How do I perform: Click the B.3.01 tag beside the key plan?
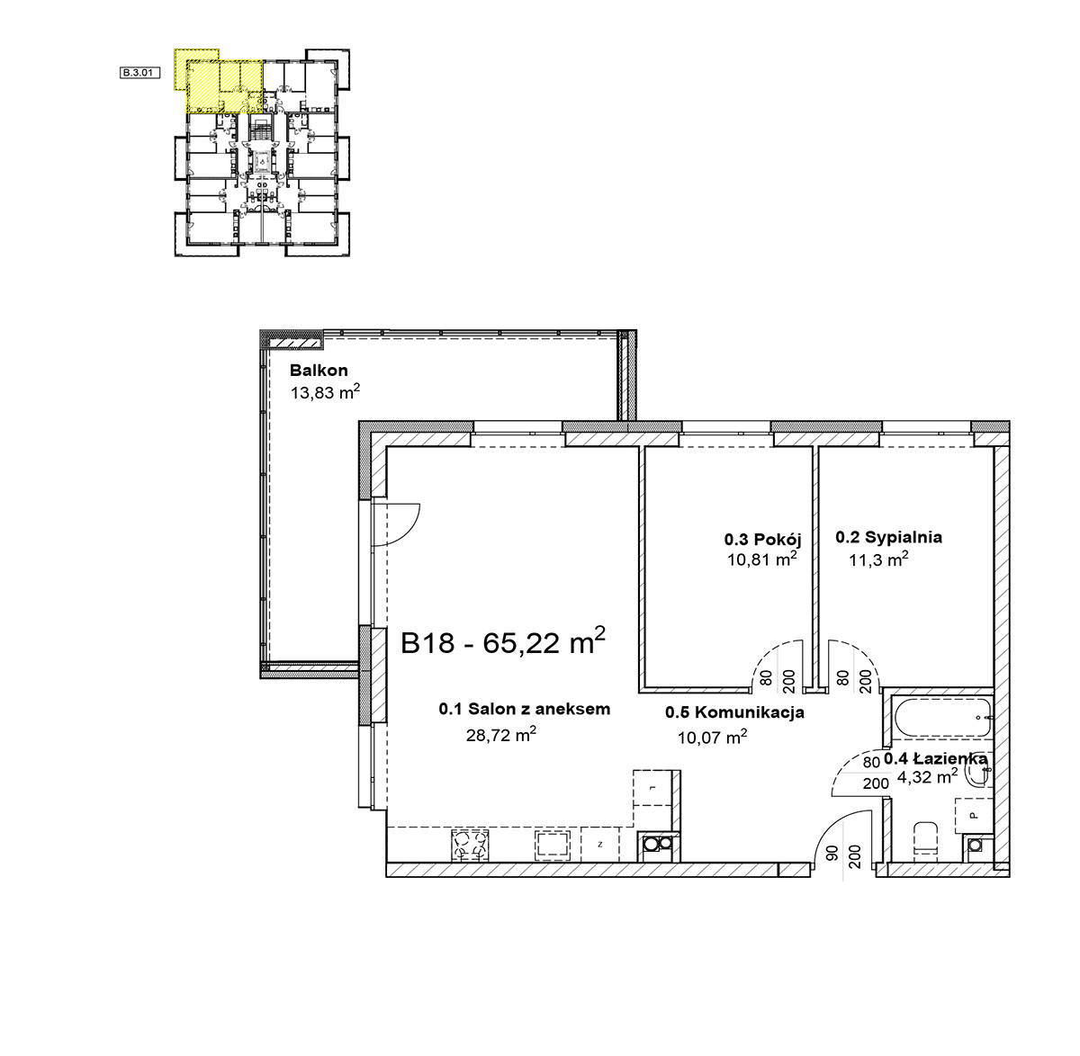(139, 73)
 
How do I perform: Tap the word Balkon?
(319, 370)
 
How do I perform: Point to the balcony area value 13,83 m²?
(325, 392)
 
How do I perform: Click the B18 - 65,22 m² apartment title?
(503, 641)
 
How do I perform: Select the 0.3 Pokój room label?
(762, 539)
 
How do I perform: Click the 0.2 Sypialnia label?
(888, 537)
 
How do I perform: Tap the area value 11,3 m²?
(878, 559)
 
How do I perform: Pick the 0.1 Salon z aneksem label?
(525, 709)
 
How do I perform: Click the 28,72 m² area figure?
(500, 735)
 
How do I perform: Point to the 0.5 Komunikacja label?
(734, 712)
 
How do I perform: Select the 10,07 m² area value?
(712, 737)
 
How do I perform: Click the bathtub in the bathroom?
(942, 717)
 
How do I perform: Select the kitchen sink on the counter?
(553, 844)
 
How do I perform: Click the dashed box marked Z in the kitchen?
(599, 844)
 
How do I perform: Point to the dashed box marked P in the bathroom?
(974, 815)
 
